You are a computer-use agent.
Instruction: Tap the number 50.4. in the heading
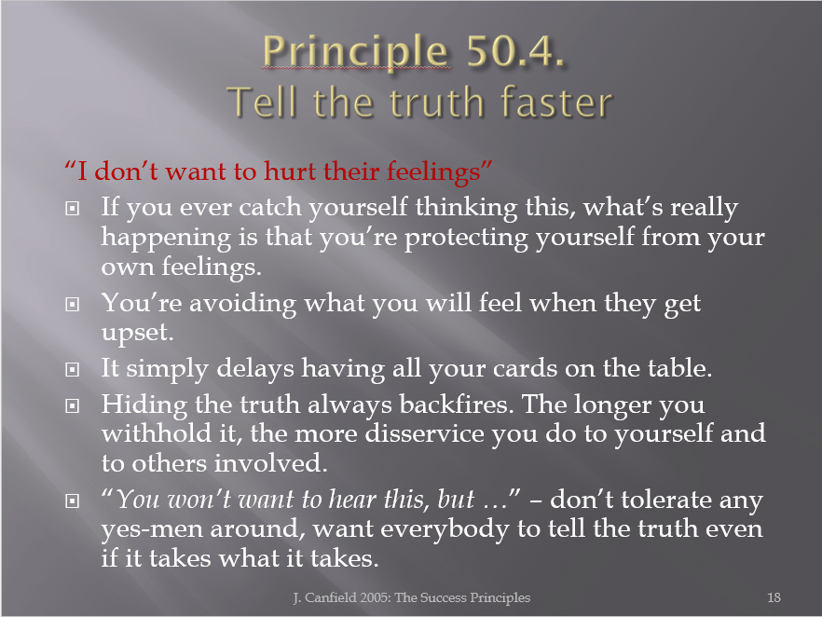click(x=514, y=51)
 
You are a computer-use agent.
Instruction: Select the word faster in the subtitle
click(x=556, y=102)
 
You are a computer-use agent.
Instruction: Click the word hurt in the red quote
click(x=290, y=171)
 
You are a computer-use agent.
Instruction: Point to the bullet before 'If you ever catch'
click(x=73, y=209)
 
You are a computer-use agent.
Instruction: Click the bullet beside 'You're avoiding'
click(x=73, y=304)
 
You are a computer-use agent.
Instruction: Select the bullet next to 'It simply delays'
click(x=73, y=370)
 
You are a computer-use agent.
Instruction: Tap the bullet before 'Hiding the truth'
click(x=73, y=405)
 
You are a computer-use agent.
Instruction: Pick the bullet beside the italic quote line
click(x=73, y=501)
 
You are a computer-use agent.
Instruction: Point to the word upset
click(x=137, y=334)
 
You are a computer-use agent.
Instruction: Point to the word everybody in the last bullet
click(x=445, y=529)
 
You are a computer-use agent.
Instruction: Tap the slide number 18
click(x=774, y=597)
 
